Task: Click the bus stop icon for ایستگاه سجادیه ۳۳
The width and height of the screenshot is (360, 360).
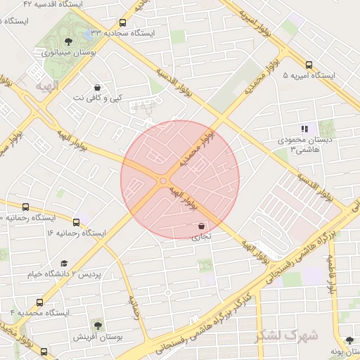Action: tap(123, 22)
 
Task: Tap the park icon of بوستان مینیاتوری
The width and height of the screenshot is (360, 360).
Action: tap(68, 41)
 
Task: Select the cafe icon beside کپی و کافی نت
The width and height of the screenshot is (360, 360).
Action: tap(97, 88)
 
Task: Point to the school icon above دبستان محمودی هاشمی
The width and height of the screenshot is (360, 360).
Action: tap(304, 129)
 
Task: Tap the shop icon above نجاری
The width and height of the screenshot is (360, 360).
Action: tap(202, 226)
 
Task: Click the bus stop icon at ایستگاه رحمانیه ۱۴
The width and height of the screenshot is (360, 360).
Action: tap(26, 207)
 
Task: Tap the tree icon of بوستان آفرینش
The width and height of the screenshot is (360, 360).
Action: tap(97, 326)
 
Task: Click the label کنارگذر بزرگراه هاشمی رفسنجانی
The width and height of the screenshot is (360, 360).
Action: tap(292, 269)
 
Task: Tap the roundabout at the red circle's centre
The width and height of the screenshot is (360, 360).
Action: tap(163, 181)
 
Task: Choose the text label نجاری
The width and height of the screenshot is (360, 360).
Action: tap(202, 237)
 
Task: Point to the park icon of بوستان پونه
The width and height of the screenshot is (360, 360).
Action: tap(348, 340)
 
